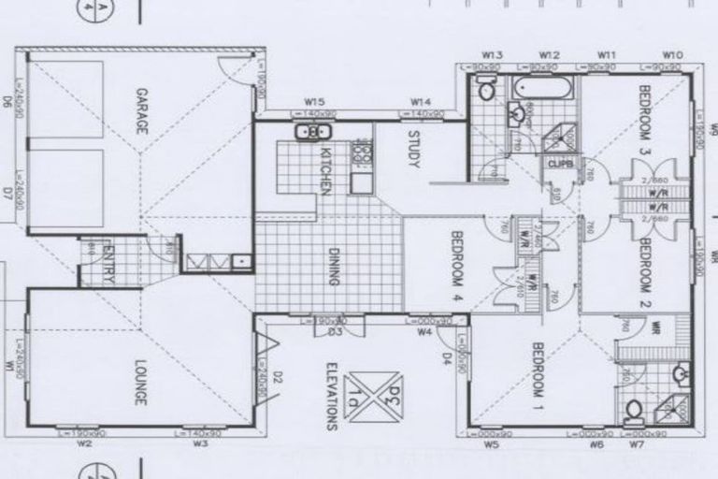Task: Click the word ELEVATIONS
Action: point(332,396)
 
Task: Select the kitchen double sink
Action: point(311,132)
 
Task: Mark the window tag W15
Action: point(314,101)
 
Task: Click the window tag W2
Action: point(84,444)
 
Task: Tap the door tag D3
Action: point(335,331)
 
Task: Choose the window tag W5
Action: point(493,445)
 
